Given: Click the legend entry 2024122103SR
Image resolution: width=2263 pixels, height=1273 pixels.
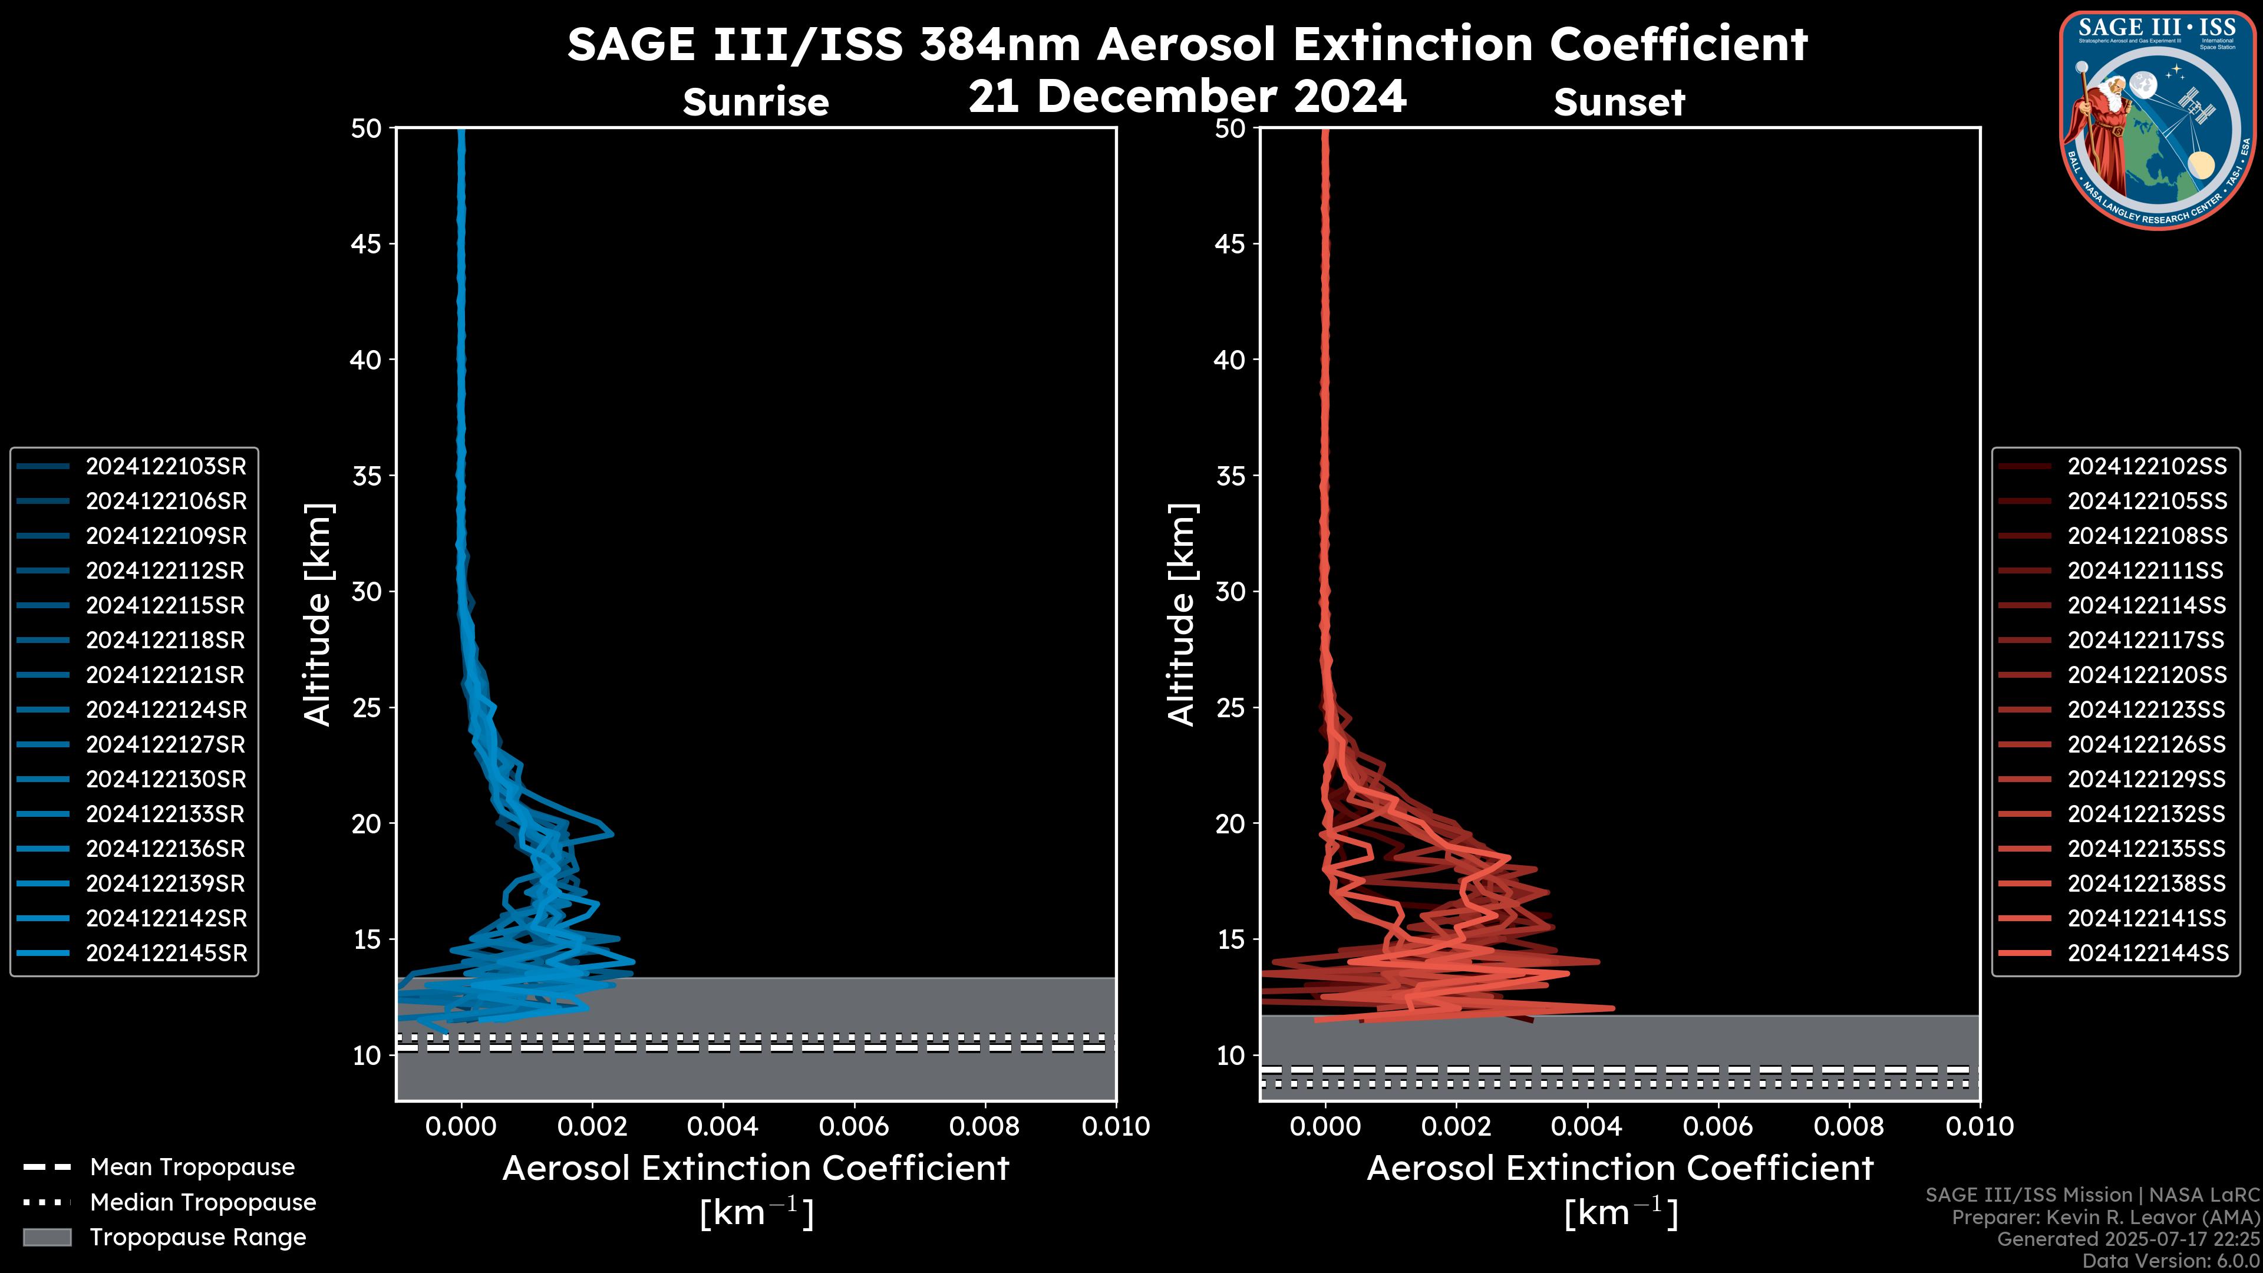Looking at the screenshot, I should point(165,467).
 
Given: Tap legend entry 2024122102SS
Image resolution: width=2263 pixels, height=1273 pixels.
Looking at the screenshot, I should point(2147,467).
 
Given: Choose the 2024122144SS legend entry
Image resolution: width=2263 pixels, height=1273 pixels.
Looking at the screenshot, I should point(2147,953).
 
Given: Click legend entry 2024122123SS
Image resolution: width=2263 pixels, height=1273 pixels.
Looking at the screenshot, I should point(2146,710).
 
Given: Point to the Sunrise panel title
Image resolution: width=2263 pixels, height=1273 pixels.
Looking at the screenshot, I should point(756,103).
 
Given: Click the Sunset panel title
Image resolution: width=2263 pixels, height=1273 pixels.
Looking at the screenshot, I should point(1618,103).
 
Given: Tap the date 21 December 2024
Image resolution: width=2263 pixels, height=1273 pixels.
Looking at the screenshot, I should point(1187,97).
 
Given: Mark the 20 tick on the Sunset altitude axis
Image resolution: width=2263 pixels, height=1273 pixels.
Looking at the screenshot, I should point(1230,824).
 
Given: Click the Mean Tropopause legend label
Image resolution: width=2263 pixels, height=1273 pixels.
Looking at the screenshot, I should point(192,1168).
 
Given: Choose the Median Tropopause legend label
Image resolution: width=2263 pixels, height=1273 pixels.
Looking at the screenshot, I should point(202,1203).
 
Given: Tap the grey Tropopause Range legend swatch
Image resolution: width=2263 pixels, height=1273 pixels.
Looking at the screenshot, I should point(47,1238).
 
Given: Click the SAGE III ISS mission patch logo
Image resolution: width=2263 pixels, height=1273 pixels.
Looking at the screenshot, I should point(2158,120).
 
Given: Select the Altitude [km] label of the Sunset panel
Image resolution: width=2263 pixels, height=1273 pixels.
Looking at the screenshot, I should point(1182,615).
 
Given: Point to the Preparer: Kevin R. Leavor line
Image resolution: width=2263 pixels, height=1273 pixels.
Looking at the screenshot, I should point(2105,1218).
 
